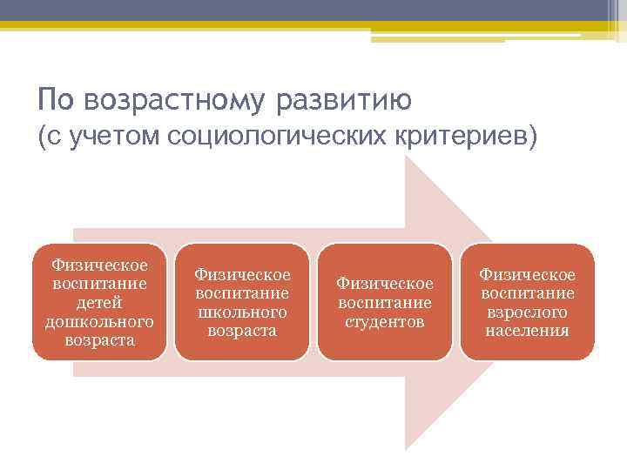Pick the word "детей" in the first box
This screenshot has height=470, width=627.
pos(99,302)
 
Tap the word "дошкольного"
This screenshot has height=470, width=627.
pos(99,321)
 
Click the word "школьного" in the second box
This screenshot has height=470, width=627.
pos(242,312)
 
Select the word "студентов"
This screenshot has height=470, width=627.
pos(384,321)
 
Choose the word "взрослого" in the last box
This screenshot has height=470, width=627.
pos(527,312)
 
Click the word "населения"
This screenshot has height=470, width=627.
pos(527,331)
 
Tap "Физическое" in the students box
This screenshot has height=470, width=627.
pos(384,283)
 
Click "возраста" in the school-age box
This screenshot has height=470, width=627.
pos(242,331)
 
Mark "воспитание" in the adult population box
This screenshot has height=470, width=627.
pos(527,292)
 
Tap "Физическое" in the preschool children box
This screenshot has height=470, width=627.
pos(99,264)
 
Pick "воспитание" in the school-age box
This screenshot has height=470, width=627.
pos(242,292)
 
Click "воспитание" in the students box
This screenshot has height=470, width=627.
pos(384,302)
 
